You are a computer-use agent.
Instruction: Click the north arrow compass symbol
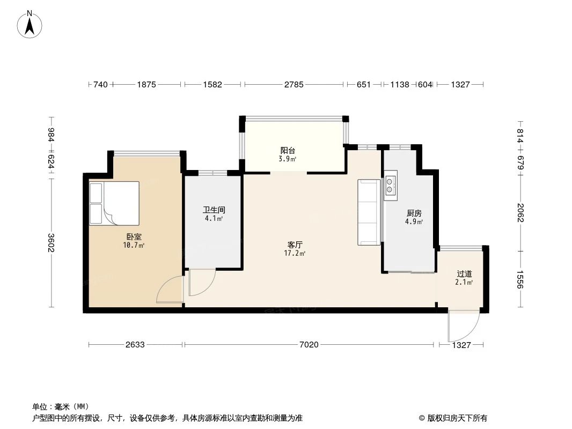pyautogui.click(x=30, y=24)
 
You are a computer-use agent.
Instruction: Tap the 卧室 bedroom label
pyautogui.click(x=134, y=236)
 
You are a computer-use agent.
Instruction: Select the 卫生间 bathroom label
pyautogui.click(x=210, y=210)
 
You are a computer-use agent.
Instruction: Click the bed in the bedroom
pyautogui.click(x=114, y=203)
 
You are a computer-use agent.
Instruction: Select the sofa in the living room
pyautogui.click(x=369, y=212)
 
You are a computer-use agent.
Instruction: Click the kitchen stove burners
pyautogui.click(x=390, y=185)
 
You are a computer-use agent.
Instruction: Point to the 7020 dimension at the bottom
pyautogui.click(x=309, y=345)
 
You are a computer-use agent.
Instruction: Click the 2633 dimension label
pyautogui.click(x=135, y=345)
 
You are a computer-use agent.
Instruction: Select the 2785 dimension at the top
pyautogui.click(x=294, y=84)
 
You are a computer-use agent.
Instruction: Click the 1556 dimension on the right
pyautogui.click(x=520, y=279)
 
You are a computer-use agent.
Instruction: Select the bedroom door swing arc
pyautogui.click(x=170, y=291)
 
